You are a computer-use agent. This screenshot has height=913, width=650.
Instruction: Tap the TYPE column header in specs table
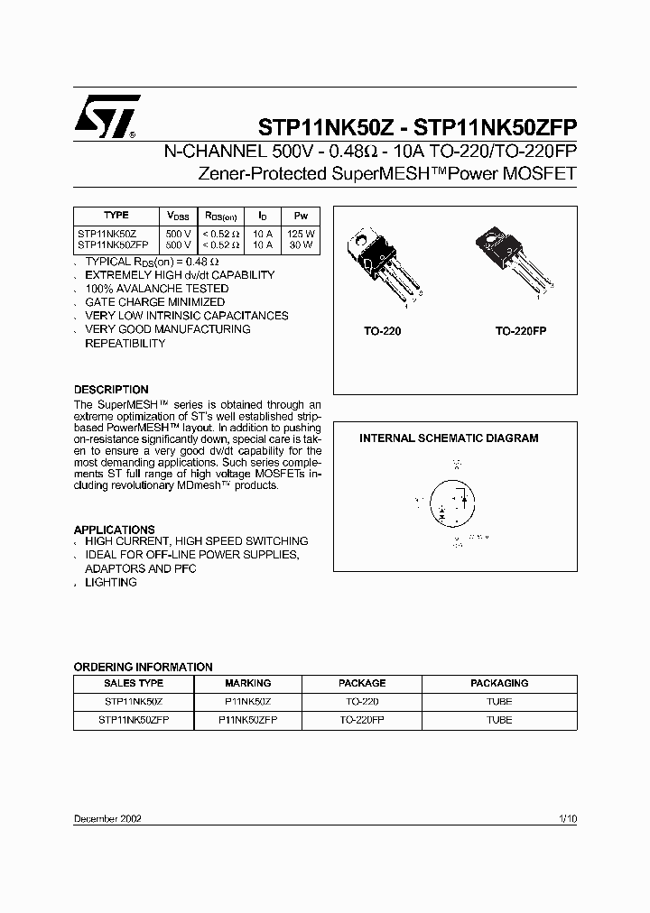116,216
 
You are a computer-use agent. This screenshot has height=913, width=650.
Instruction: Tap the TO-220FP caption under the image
520,332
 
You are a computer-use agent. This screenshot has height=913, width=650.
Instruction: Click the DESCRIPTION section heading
111,390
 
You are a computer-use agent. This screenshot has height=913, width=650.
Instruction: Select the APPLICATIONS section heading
114,530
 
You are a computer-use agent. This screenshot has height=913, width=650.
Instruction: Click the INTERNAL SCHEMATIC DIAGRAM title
449,438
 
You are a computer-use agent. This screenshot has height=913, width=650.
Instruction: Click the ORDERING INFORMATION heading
143,667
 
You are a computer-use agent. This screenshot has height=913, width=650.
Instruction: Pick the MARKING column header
247,683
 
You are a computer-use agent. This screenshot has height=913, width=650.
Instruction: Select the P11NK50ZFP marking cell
247,720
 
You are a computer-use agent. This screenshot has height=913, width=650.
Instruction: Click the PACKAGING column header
498,683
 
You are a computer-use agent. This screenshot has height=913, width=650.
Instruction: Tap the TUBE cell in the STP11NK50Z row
498,701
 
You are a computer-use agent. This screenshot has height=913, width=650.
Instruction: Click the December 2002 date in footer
107,818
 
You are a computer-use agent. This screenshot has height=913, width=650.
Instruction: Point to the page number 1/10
567,818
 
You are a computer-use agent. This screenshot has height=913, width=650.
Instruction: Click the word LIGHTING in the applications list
111,583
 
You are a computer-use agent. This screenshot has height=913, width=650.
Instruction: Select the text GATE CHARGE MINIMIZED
154,302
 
